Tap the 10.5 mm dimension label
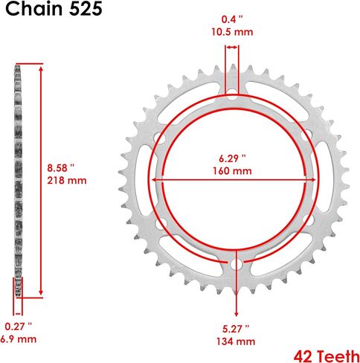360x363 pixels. coord(232,31)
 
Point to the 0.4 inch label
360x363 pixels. coord(232,19)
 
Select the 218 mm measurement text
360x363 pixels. coord(61,181)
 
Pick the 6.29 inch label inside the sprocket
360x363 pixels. coord(232,158)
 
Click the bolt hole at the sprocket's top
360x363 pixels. coord(232,96)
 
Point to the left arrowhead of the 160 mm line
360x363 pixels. coord(156,179)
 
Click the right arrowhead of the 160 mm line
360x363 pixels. coord(308,179)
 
